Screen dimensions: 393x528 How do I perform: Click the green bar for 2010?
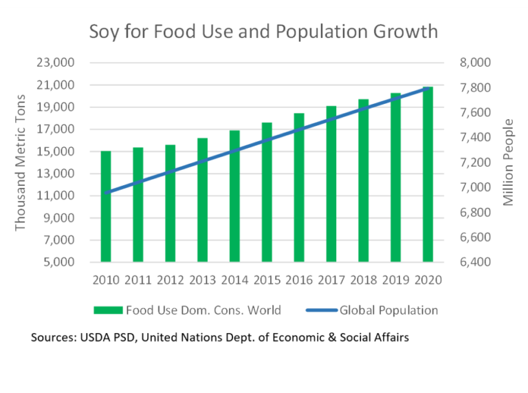pyautogui.click(x=106, y=206)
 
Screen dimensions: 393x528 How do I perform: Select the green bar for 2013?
pyautogui.click(x=202, y=200)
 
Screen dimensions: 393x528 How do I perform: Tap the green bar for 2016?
pyautogui.click(x=299, y=188)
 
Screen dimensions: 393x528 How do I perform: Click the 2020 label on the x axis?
pyautogui.click(x=428, y=281)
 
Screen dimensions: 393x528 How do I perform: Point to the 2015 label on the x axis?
pyautogui.click(x=267, y=281)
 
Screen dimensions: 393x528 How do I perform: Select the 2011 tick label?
pyautogui.click(x=138, y=281)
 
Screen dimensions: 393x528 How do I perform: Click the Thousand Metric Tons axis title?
pyautogui.click(x=21, y=162)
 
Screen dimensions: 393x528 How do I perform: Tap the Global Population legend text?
pyautogui.click(x=388, y=310)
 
